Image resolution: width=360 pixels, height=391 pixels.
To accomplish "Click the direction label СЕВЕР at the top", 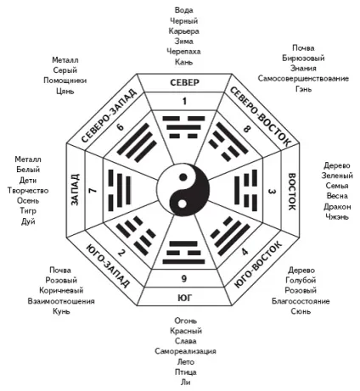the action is point(184,82).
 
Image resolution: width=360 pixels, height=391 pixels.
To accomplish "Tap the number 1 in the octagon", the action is point(184,101).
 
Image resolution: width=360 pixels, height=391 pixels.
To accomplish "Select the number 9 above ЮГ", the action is point(184,279).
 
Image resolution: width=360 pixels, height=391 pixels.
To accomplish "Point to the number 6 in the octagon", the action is point(121,126).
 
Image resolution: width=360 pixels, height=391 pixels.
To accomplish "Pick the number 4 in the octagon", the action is point(245,251).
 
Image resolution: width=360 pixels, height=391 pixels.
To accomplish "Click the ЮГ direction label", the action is point(184,298).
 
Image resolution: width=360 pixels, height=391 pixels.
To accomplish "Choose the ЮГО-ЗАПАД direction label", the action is point(108,265).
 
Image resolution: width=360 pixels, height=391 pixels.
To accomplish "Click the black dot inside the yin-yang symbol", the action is point(183,177).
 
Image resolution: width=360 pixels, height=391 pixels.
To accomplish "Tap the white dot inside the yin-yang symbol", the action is point(183,204).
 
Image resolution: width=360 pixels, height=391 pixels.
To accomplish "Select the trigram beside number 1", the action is point(183,127).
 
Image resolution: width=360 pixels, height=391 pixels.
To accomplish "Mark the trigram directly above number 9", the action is point(183,253).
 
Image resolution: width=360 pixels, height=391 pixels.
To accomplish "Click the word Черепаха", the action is point(183,52).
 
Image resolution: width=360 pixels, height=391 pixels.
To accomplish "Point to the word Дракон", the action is point(337,207).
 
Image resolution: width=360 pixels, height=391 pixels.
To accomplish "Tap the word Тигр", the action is point(28,211).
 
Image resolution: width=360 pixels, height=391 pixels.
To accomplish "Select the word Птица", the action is point(186,372).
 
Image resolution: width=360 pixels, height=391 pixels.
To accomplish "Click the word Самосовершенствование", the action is point(303,79).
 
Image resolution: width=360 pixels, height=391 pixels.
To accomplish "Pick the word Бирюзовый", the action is point(303,59).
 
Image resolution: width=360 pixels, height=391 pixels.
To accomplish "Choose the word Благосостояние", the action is point(301,301).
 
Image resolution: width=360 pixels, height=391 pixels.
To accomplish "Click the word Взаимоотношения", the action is point(61,301).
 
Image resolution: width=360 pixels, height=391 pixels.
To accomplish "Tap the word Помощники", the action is point(65,81).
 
